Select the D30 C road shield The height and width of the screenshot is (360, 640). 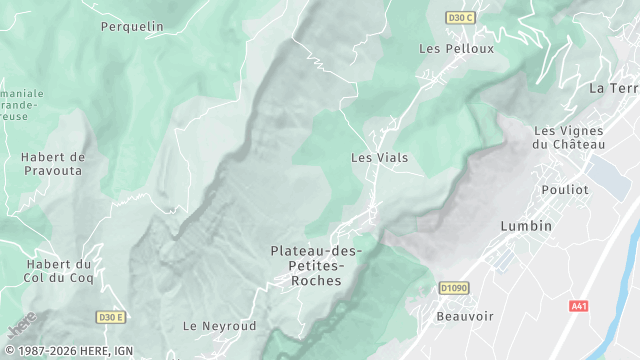click(460, 17)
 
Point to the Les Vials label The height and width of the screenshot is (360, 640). click(379, 158)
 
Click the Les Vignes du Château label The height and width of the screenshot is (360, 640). click(570, 137)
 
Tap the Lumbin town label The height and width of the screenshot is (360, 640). click(526, 226)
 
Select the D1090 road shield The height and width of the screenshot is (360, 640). click(454, 288)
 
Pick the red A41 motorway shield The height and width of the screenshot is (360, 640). click(578, 305)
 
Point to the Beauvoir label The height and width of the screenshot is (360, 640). click(465, 316)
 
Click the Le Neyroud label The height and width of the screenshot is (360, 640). click(220, 326)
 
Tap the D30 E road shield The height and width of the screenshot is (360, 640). click(111, 317)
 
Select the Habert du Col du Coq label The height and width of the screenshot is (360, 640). click(59, 271)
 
